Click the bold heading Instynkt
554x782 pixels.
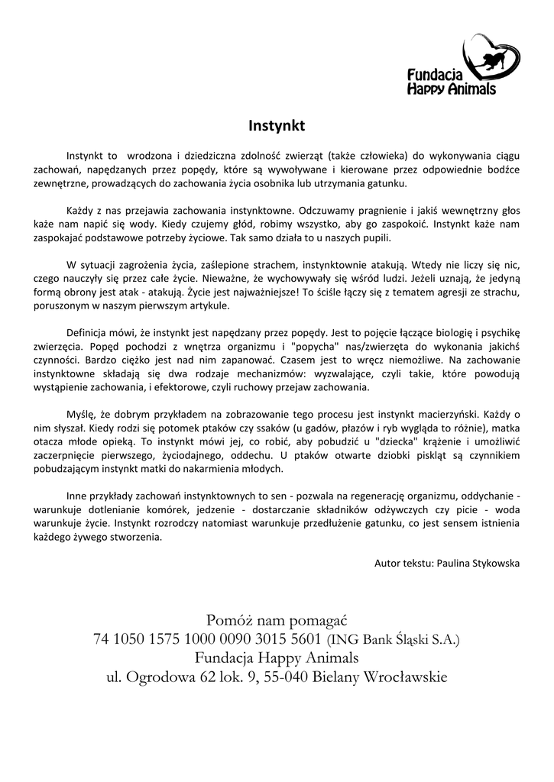pyautogui.click(x=277, y=123)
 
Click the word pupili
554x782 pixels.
pyautogui.click(x=373, y=238)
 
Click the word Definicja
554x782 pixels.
pyautogui.click(x=91, y=333)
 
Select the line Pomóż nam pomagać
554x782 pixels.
pyautogui.click(x=277, y=619)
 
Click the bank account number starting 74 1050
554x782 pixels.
pyautogui.click(x=207, y=638)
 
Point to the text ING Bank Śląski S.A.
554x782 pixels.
pyautogui.click(x=394, y=639)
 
